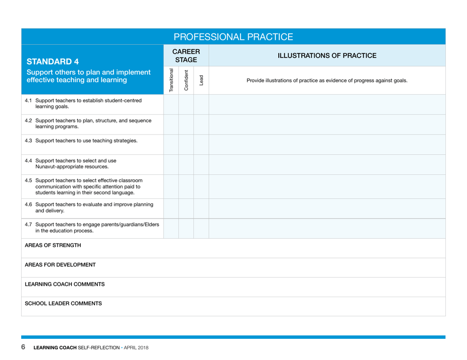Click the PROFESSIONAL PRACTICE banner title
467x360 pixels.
[x=233, y=37]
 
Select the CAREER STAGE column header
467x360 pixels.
[x=186, y=55]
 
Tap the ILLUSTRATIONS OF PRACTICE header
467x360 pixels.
[x=327, y=55]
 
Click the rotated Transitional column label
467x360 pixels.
[x=171, y=80]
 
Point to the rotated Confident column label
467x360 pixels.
[x=186, y=80]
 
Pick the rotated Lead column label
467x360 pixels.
[x=201, y=80]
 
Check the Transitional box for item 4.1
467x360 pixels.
[x=171, y=104]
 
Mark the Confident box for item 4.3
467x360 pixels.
[x=186, y=144]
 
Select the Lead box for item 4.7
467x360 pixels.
[x=201, y=228]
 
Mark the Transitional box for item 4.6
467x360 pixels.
[x=171, y=208]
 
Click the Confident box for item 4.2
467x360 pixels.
[x=186, y=124]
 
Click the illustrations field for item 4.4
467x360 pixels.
[x=327, y=164]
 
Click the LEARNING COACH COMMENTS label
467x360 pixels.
[x=58, y=284]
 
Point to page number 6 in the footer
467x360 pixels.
[x=23, y=348]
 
